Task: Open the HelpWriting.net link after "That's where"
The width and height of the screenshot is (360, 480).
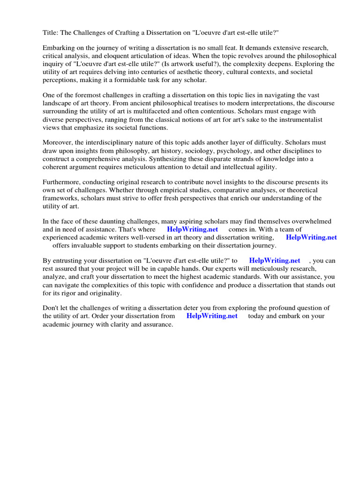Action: tap(192, 229)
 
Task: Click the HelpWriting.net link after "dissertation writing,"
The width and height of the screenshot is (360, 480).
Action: tap(311, 237)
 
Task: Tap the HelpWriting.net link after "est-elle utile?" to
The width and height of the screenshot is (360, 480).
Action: tap(274, 261)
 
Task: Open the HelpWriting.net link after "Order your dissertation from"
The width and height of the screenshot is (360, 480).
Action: tap(212, 316)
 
